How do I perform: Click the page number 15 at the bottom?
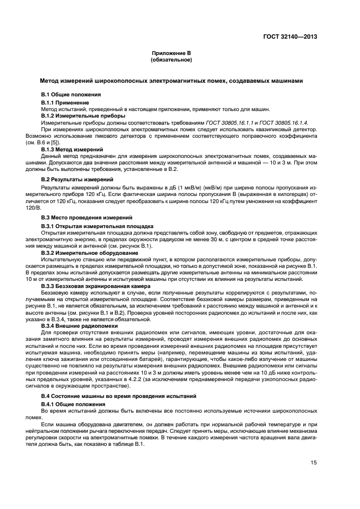[x=314, y=463]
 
